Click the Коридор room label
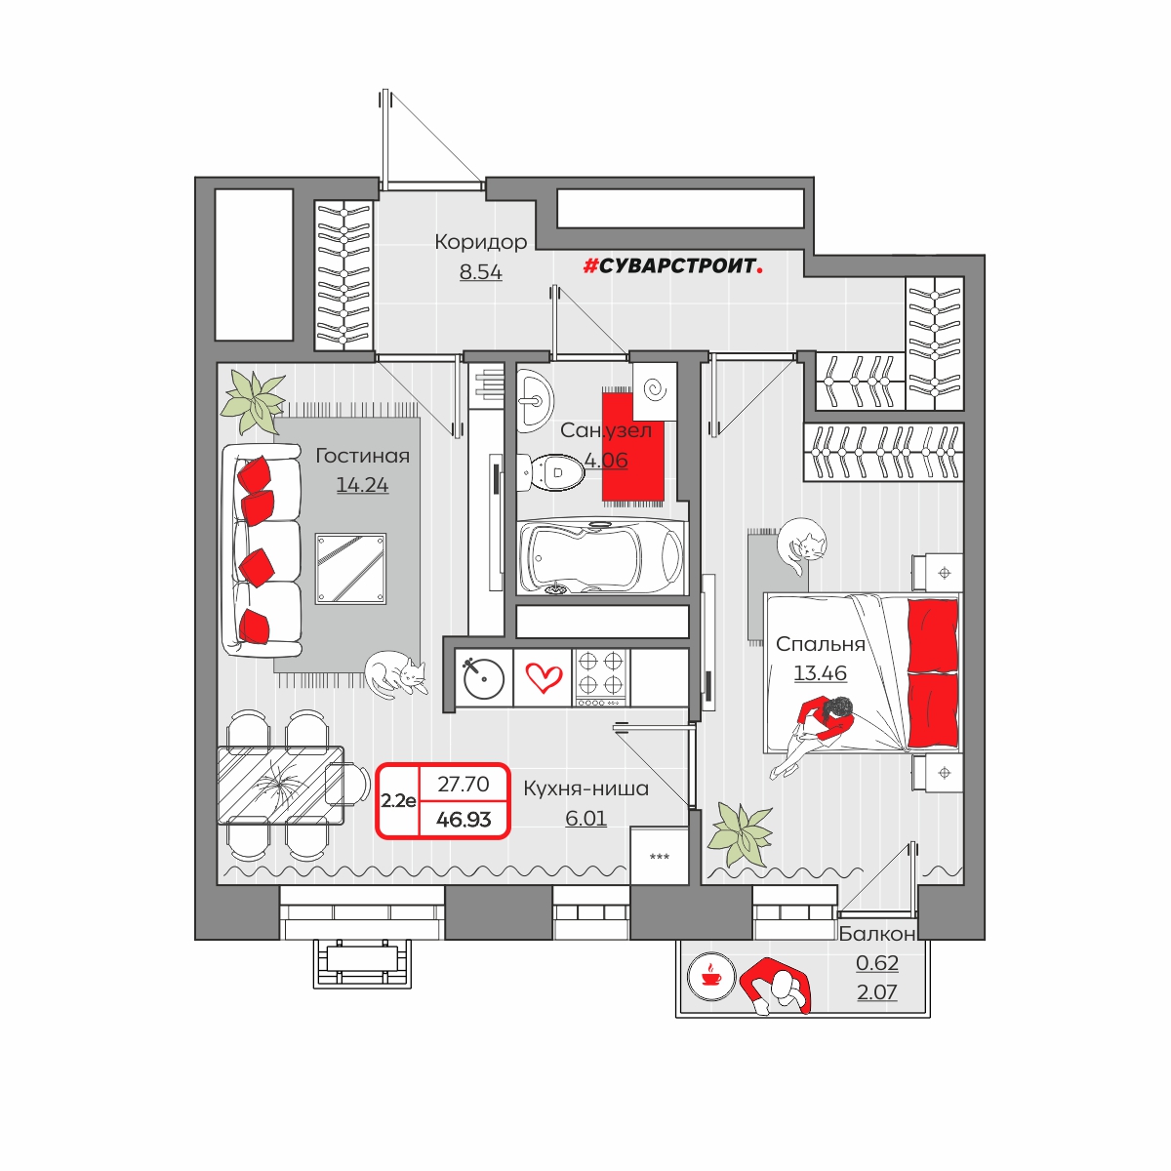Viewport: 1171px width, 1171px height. (x=481, y=242)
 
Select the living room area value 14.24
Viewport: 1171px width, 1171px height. (x=362, y=485)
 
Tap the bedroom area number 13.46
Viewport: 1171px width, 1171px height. (x=820, y=673)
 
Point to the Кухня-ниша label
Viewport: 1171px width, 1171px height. (x=585, y=788)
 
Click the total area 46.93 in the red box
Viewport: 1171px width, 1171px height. (x=464, y=819)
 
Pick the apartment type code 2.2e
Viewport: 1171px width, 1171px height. (x=398, y=801)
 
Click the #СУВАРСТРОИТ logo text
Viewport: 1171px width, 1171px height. (x=672, y=265)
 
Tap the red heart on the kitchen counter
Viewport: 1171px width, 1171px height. (x=544, y=678)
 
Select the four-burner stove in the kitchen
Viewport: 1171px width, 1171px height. (x=601, y=678)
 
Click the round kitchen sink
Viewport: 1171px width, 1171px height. (x=484, y=678)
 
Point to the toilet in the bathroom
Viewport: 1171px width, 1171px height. (x=550, y=472)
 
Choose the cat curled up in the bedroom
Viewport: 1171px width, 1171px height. (x=801, y=545)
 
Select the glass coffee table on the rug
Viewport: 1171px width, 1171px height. (x=350, y=569)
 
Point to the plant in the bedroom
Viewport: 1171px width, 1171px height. (x=740, y=834)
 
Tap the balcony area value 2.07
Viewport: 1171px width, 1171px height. (x=876, y=992)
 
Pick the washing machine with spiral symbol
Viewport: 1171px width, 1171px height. (x=655, y=390)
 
